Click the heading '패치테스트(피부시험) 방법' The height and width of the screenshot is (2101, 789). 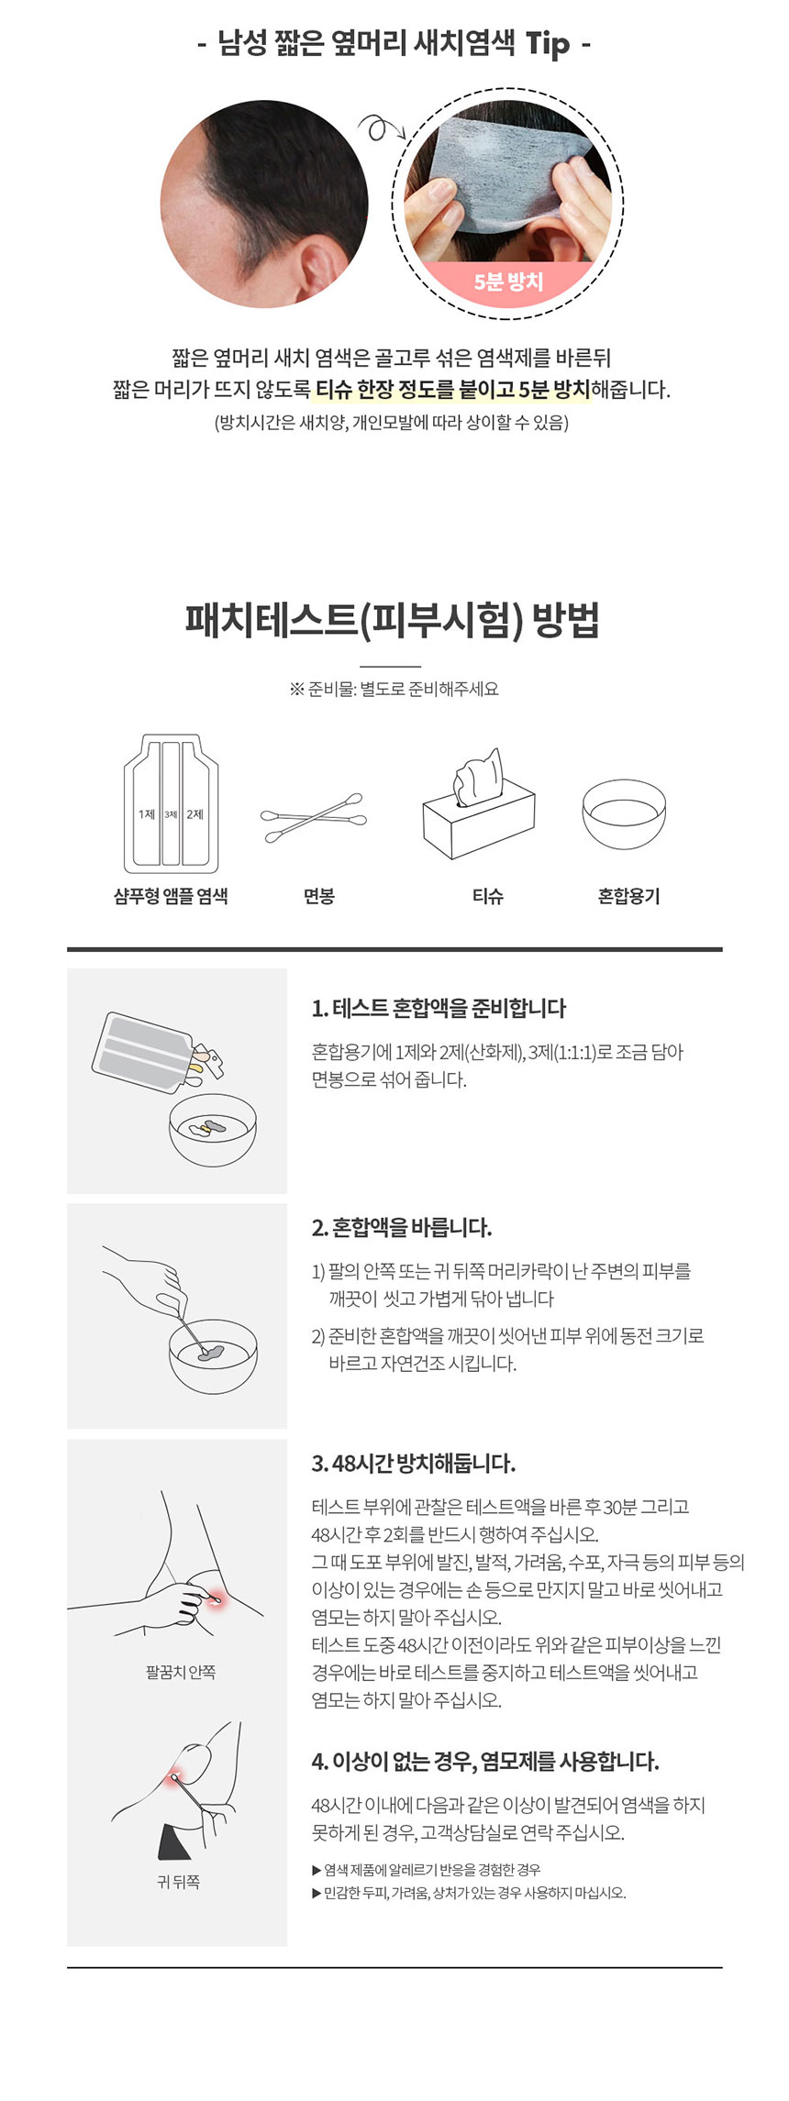tap(393, 621)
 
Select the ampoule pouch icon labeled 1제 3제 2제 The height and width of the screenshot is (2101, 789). tap(171, 804)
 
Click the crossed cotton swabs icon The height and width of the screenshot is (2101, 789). tap(313, 817)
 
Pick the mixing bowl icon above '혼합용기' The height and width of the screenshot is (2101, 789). tap(624, 814)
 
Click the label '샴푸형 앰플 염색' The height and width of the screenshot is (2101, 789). tap(171, 896)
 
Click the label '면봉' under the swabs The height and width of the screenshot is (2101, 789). tap(318, 896)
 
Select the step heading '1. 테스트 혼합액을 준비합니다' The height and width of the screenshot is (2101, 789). tap(439, 1008)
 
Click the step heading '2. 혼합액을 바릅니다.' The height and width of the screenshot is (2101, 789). tap(401, 1227)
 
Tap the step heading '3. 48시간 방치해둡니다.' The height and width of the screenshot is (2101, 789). tap(413, 1463)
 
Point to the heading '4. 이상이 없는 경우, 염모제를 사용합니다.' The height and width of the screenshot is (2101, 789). tap(484, 1761)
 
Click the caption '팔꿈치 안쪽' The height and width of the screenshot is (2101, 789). tap(180, 1672)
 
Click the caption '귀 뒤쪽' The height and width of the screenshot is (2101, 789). tap(178, 1882)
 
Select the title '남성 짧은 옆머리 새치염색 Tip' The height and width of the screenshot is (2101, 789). tap(394, 42)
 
